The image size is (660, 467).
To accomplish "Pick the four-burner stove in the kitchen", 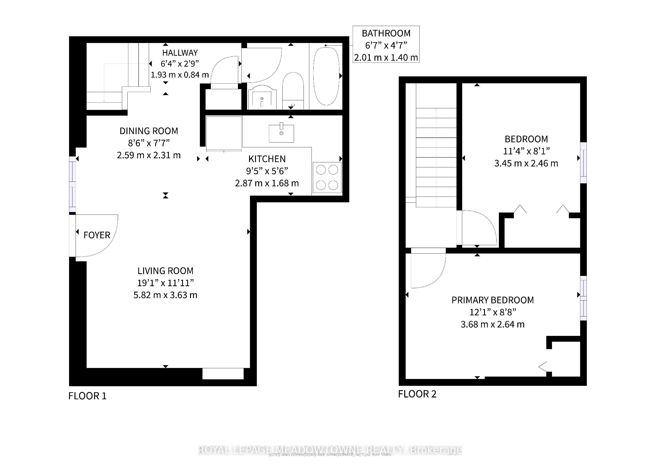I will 327,178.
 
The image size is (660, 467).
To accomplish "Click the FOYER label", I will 97,235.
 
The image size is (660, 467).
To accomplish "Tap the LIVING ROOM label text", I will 165,271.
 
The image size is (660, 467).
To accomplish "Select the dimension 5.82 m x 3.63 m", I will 165,295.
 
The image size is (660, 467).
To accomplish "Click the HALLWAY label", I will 180,53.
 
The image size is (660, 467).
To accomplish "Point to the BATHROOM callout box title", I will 386,33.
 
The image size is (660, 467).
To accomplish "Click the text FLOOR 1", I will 87,396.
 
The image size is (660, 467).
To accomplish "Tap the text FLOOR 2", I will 417,394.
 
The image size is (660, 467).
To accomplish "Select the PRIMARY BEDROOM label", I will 492,300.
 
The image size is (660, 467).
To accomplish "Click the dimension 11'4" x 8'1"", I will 526,151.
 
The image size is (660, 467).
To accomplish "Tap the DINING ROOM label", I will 149,131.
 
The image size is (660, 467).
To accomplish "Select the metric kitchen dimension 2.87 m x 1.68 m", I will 267,183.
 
